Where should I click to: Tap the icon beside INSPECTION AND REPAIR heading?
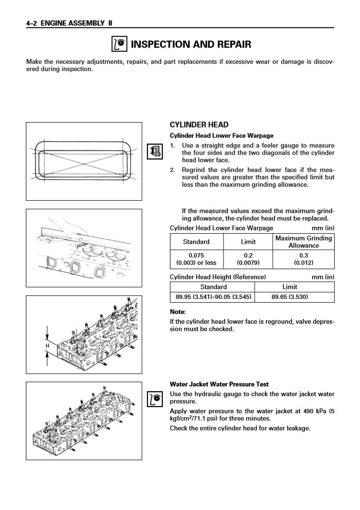tap(119, 45)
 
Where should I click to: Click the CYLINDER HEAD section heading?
tap(199, 125)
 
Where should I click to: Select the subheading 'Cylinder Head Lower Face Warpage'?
tap(222, 136)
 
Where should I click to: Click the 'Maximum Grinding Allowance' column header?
tap(304, 241)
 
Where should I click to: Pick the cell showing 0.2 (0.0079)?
tap(248, 259)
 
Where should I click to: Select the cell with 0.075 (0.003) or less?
tap(196, 259)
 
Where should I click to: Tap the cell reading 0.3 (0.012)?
tap(304, 259)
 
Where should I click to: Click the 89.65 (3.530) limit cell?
tap(290, 297)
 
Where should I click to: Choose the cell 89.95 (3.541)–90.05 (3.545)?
tap(213, 297)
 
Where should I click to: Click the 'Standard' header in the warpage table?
tap(196, 241)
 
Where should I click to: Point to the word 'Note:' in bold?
tap(179, 312)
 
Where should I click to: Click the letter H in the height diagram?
tap(47, 346)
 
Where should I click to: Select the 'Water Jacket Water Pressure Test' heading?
tap(219, 384)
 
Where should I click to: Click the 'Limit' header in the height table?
tap(290, 287)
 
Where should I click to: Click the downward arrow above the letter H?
tap(47, 333)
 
